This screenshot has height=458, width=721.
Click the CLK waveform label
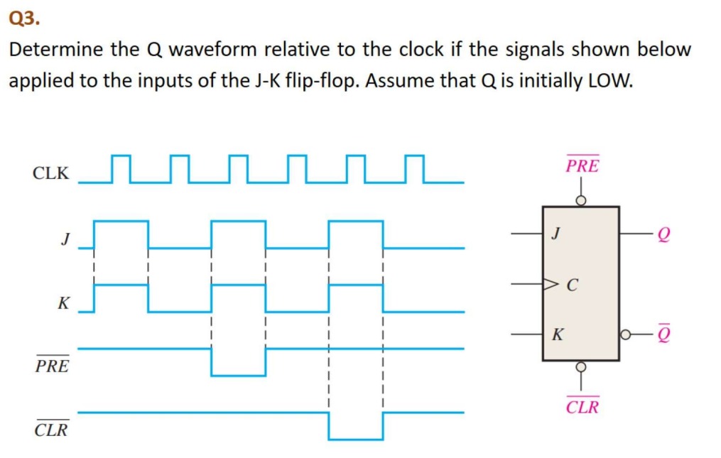point(50,173)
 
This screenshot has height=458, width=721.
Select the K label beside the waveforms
point(64,304)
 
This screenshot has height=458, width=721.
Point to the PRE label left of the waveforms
point(53,366)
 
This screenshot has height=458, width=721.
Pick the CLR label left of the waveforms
point(52,429)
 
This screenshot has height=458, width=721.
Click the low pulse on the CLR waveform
point(355,426)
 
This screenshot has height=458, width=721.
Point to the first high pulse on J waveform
point(121,234)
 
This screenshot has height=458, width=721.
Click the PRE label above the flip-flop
point(582,166)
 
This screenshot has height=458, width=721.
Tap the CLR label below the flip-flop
point(582,407)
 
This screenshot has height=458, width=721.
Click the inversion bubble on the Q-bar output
point(624,333)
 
